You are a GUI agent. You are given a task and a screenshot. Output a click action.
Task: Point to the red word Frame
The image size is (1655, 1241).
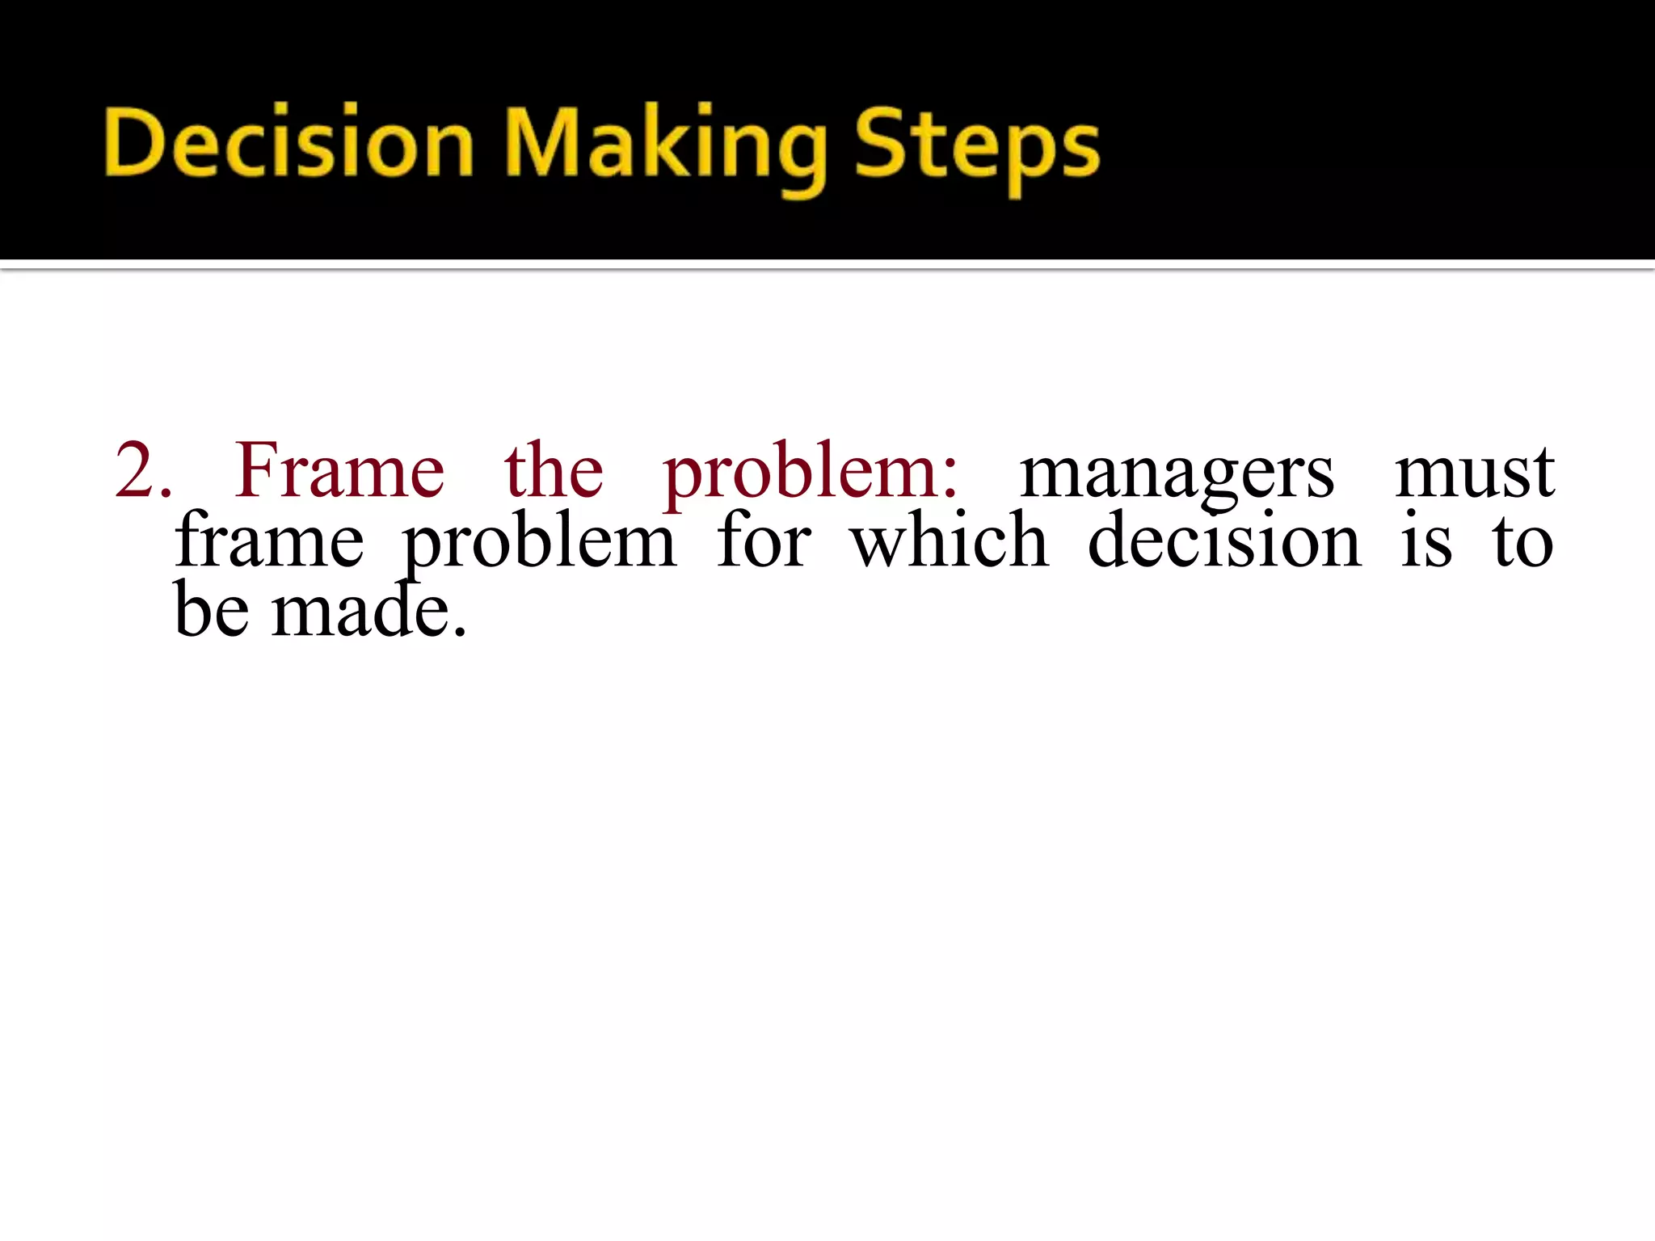tap(339, 470)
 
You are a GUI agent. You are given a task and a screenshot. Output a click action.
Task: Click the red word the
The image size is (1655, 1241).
tap(554, 470)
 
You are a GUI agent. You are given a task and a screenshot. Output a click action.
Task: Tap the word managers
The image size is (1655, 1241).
tap(1177, 475)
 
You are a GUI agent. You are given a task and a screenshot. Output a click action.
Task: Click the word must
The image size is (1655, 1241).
tap(1474, 472)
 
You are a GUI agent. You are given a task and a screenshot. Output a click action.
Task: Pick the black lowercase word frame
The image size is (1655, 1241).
tap(269, 541)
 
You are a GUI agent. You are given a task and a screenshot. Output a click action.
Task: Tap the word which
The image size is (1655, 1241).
tap(950, 540)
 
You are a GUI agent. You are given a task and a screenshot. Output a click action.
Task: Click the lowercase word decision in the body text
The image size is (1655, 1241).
tap(1224, 540)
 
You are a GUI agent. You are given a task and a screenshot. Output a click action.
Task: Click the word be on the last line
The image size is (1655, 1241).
tap(212, 609)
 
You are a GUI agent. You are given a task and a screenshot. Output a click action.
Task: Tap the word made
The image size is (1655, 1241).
tap(360, 609)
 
